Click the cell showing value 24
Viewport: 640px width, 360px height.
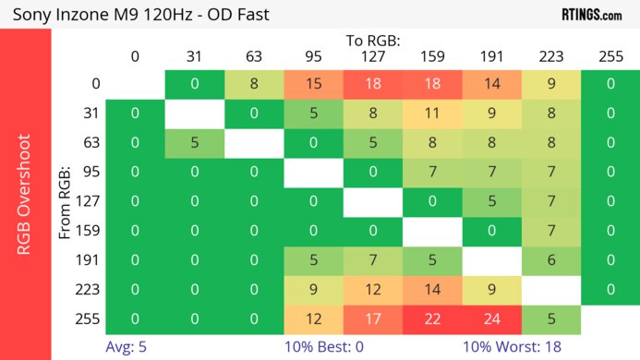pos(491,318)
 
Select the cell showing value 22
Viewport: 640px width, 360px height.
pos(432,318)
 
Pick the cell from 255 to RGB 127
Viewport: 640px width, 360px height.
pos(373,318)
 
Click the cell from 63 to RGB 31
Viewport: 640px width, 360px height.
pos(194,143)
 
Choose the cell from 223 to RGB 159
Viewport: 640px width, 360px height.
pos(432,289)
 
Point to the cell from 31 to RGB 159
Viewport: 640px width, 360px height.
pos(432,114)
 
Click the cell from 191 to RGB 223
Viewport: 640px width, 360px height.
pos(551,260)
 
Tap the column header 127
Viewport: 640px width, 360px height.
pos(373,56)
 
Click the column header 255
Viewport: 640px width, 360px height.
pos(610,56)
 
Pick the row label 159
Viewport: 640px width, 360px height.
pos(90,231)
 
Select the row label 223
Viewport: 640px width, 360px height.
pos(90,289)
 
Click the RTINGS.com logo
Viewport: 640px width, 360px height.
pos(592,14)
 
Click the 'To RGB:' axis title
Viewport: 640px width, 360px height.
pos(373,41)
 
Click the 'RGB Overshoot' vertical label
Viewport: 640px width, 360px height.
pos(25,194)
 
